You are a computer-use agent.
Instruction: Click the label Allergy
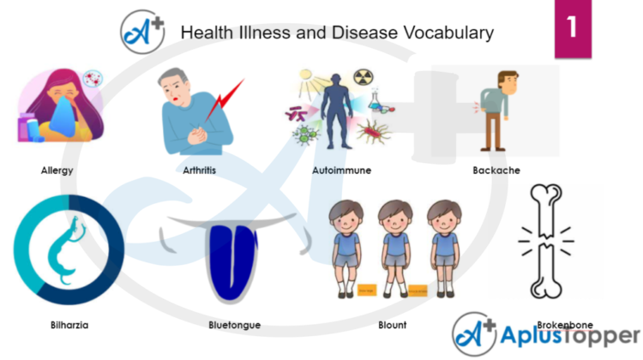click(x=57, y=171)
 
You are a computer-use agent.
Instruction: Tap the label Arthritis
click(x=199, y=171)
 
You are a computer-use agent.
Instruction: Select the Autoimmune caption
click(x=341, y=171)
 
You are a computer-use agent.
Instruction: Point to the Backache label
click(x=496, y=171)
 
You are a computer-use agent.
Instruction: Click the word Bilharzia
click(x=69, y=325)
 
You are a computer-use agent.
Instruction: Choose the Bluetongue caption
click(x=234, y=325)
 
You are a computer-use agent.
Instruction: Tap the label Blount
click(x=392, y=325)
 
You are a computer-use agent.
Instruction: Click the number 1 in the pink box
click(x=572, y=28)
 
